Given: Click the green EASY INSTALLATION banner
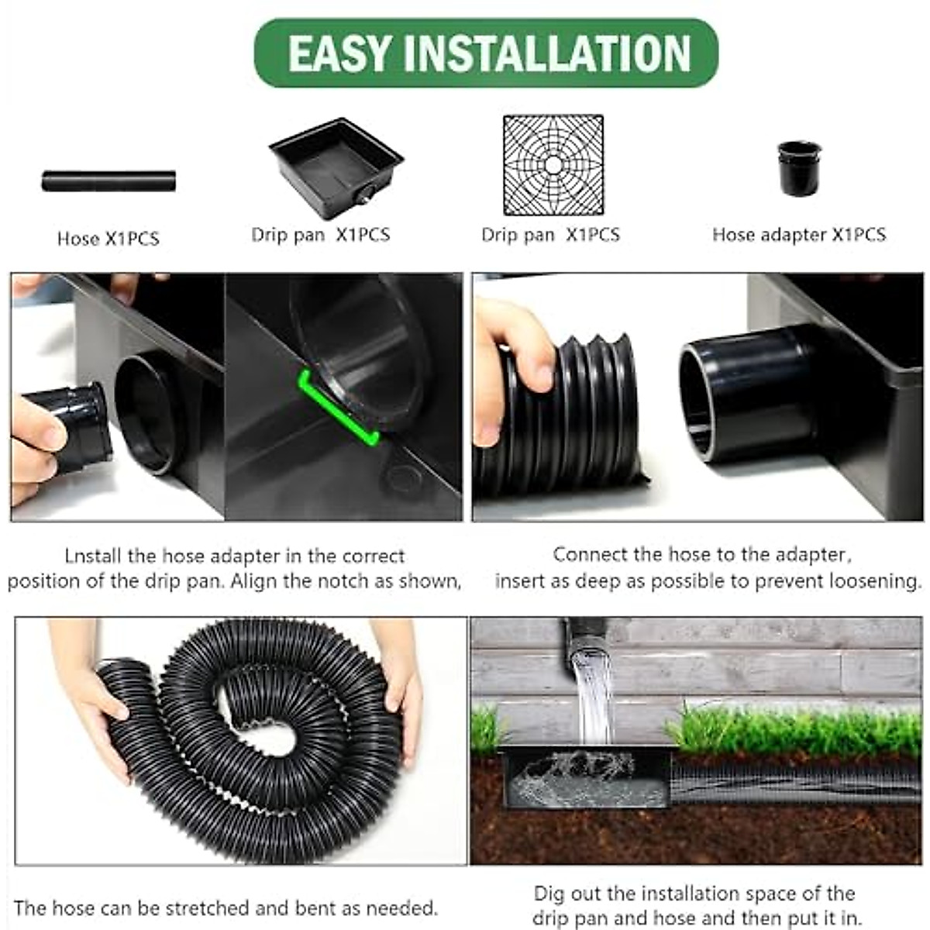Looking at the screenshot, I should (486, 53).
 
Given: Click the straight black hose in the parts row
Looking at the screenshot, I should (108, 181).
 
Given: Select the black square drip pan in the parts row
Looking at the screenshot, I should (336, 167).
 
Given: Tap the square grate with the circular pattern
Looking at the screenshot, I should (553, 165).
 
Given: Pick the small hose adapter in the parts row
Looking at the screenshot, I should (798, 167).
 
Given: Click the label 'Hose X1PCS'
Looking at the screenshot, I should (108, 239).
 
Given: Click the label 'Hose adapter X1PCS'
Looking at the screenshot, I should (798, 235).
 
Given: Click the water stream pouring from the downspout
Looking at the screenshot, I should (593, 690).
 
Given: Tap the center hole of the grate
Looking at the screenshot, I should (553, 165).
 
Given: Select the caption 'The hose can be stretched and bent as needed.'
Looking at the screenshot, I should (226, 908).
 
